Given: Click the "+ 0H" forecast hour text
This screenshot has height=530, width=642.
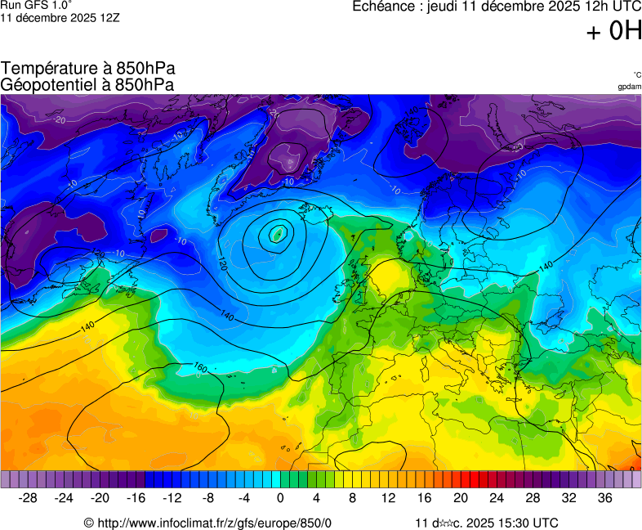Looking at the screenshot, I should (x=614, y=31).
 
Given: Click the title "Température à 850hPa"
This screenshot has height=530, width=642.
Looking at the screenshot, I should (x=88, y=69).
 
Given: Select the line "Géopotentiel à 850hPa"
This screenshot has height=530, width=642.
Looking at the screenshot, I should (x=88, y=84).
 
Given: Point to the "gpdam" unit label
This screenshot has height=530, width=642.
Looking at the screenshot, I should (x=629, y=87).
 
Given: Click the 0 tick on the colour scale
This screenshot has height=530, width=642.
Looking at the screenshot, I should (x=280, y=497).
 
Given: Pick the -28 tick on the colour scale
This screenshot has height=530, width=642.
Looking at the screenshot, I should (x=29, y=497).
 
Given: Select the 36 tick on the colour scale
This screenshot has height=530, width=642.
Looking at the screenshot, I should (x=604, y=497).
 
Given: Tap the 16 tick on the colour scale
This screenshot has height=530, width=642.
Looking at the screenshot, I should (x=424, y=497).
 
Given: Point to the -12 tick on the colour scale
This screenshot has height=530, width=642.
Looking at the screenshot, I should (x=172, y=497).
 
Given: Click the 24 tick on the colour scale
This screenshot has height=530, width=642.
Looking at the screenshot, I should (x=497, y=497).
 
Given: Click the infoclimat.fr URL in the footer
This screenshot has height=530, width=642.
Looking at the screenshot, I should (x=214, y=523).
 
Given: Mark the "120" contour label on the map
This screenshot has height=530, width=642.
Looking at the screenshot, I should (x=222, y=263).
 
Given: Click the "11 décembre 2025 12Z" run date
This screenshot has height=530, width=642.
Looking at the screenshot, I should (x=60, y=18).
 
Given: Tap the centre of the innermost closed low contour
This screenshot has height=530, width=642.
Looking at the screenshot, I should (x=278, y=234).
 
